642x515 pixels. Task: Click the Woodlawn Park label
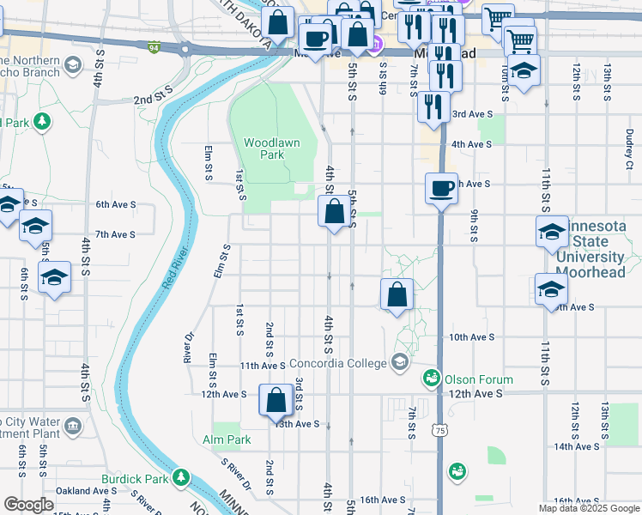[272, 148]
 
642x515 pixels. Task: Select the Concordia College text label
[337, 363]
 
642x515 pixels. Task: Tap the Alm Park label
[227, 439]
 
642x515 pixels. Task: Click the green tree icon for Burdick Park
[180, 476]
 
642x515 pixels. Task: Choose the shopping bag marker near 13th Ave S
[276, 400]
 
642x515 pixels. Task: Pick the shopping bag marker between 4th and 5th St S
[335, 211]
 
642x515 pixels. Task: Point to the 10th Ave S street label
[473, 337]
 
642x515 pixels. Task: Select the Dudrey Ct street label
[629, 148]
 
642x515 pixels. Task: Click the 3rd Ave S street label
[472, 114]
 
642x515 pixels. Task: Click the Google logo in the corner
[28, 505]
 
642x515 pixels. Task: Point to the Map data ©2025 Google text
[589, 508]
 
